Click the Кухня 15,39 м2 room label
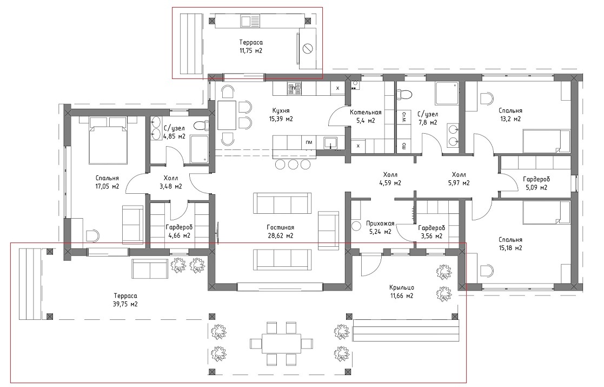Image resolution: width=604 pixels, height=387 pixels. click(281, 115)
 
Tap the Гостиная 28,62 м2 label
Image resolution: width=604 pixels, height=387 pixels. click(281, 232)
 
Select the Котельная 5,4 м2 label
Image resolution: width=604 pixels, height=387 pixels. click(366, 116)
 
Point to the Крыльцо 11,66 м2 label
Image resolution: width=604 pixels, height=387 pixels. click(401, 292)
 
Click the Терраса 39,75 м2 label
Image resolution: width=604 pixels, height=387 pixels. click(125, 300)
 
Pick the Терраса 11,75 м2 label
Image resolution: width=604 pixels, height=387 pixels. click(251, 46)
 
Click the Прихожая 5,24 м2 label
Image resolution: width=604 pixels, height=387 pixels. click(380, 227)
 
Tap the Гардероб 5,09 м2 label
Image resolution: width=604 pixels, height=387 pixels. click(536, 183)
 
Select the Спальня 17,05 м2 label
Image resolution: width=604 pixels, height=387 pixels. click(107, 182)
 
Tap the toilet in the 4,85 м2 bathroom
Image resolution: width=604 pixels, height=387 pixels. click(201, 126)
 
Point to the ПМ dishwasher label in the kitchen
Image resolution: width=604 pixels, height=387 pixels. click(309, 142)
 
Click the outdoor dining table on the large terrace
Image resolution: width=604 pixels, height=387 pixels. click(282, 344)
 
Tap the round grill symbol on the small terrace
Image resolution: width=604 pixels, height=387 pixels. click(308, 49)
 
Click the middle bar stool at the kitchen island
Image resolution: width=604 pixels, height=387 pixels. click(293, 165)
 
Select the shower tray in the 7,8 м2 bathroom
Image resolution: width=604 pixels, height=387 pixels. click(447, 94)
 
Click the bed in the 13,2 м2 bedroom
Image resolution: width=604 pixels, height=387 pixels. click(546, 141)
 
